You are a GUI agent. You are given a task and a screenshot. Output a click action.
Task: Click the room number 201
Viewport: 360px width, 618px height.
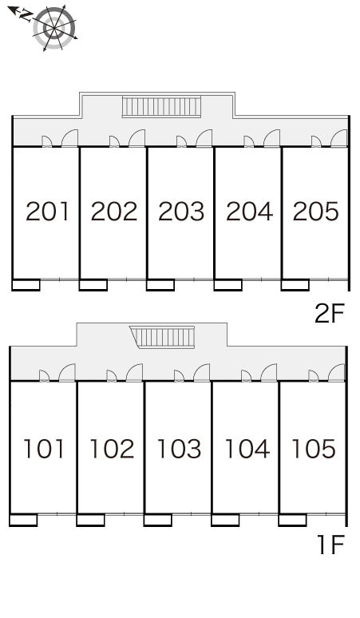[48, 212]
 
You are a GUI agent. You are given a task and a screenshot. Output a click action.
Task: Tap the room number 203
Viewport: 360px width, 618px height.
[181, 212]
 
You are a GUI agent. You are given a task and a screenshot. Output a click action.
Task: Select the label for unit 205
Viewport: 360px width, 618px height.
[316, 212]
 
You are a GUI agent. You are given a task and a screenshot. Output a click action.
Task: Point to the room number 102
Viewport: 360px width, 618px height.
[113, 449]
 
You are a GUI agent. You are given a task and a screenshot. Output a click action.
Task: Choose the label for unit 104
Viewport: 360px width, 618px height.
[247, 449]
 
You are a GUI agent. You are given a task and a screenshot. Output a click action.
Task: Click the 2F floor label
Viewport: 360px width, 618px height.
[330, 313]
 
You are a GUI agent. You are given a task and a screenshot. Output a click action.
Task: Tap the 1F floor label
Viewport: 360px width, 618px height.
[330, 545]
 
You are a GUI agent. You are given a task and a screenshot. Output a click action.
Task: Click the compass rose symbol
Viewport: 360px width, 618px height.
[54, 28]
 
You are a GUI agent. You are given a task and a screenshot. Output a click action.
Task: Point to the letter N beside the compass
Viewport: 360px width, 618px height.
[26, 16]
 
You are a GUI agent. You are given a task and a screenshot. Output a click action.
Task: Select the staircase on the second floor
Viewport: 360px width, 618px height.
[161, 106]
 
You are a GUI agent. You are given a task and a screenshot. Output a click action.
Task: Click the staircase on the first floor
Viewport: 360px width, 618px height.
[163, 337]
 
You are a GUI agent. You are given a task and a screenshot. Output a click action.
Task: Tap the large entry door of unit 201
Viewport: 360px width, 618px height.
[69, 138]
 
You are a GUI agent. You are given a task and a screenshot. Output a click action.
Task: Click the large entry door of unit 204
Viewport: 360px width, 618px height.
[271, 138]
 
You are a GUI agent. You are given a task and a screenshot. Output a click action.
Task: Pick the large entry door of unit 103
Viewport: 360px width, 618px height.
[202, 372]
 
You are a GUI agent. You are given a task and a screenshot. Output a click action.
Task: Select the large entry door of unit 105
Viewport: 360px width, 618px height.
[336, 372]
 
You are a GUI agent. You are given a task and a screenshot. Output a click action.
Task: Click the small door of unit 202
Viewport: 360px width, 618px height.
[114, 141]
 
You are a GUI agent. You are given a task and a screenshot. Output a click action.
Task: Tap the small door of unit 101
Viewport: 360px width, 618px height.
[44, 376]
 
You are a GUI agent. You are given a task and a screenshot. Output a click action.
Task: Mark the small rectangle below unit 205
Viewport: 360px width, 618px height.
[295, 285]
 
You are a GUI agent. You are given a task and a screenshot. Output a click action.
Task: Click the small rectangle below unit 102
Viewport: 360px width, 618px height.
[90, 520]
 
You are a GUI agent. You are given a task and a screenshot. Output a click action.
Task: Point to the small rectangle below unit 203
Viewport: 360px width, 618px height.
[160, 285]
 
